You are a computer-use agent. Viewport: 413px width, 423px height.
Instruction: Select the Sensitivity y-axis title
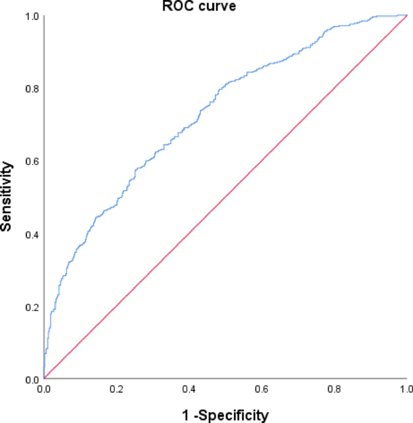tap(7, 196)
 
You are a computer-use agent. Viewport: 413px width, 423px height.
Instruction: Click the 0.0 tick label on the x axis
tap(44, 390)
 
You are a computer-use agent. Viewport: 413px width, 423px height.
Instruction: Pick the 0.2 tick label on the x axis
tap(116, 390)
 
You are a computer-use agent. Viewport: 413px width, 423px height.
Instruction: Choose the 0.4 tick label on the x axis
tap(189, 390)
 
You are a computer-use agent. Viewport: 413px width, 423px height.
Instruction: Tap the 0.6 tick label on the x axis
tap(262, 390)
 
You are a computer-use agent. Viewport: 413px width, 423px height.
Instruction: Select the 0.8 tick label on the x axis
tap(335, 390)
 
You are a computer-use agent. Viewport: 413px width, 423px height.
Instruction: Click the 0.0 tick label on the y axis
tap(31, 380)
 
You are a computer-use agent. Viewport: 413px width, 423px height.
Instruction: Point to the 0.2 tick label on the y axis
tap(31, 307)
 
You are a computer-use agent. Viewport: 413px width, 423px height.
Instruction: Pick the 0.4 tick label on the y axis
tap(31, 234)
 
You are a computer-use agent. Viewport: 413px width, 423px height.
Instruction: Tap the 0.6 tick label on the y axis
tap(31, 161)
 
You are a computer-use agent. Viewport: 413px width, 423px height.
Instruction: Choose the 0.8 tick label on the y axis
tap(31, 89)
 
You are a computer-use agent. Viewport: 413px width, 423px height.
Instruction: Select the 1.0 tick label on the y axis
tap(31, 16)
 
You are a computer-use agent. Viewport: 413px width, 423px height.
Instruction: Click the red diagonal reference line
tap(225, 198)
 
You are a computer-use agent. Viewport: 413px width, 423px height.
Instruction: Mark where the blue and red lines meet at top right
tap(406, 16)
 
